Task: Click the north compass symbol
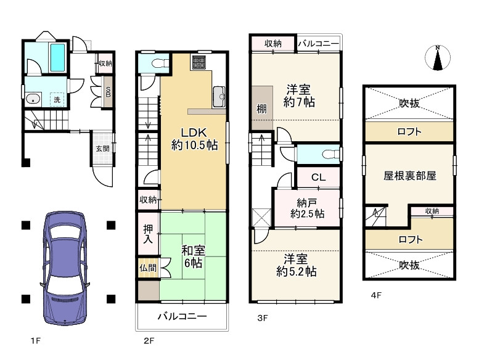(438, 58)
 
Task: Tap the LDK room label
(194, 139)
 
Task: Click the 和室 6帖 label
(193, 257)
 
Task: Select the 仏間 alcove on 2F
(148, 268)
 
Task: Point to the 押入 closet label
(148, 234)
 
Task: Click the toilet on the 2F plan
(160, 63)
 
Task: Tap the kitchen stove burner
(199, 62)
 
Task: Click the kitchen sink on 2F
(219, 97)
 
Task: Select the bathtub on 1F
(57, 57)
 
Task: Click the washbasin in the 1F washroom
(33, 99)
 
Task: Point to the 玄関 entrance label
(102, 149)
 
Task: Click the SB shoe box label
(108, 92)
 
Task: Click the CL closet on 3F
(318, 177)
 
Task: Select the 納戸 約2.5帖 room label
(307, 208)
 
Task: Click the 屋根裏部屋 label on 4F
(410, 176)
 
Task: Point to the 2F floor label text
(149, 340)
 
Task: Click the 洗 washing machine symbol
(57, 99)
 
